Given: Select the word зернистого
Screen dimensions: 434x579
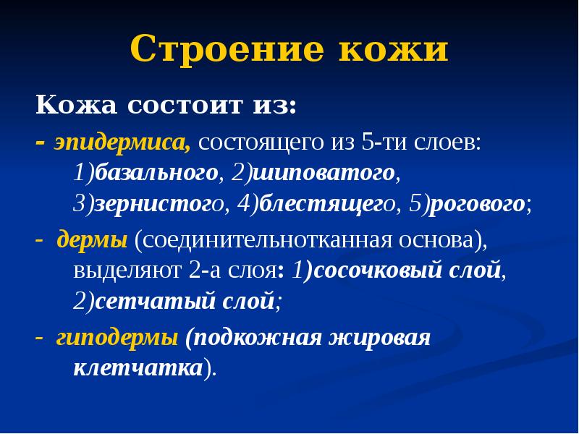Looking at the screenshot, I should (156, 204).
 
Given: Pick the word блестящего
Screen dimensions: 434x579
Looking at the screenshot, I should (326, 204).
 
